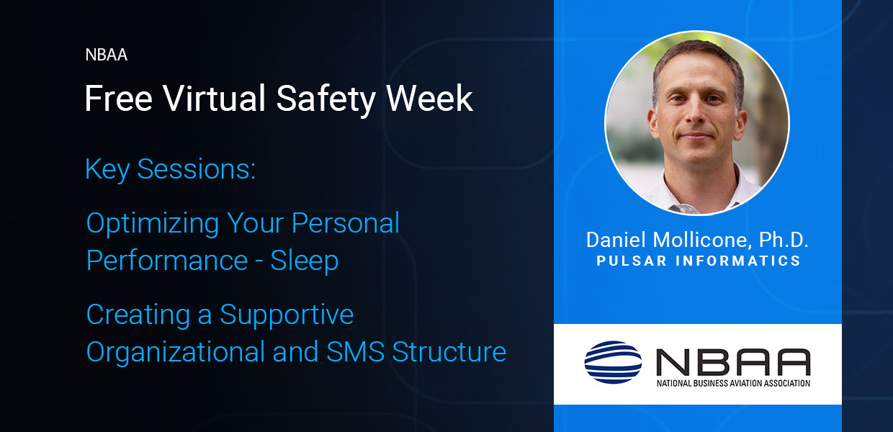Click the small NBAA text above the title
[x=107, y=55]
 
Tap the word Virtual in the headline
[x=214, y=98]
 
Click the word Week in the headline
[x=429, y=98]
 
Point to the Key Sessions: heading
[x=170, y=170]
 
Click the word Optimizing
[x=152, y=224]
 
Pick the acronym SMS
[x=355, y=352]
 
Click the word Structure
[x=449, y=352]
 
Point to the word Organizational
[x=176, y=353]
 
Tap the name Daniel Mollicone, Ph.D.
[x=697, y=240]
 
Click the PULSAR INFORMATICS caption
[x=699, y=261]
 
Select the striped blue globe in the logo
[x=613, y=362]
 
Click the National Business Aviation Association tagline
[x=733, y=383]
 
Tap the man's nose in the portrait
[x=696, y=113]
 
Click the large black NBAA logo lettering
[x=733, y=362]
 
